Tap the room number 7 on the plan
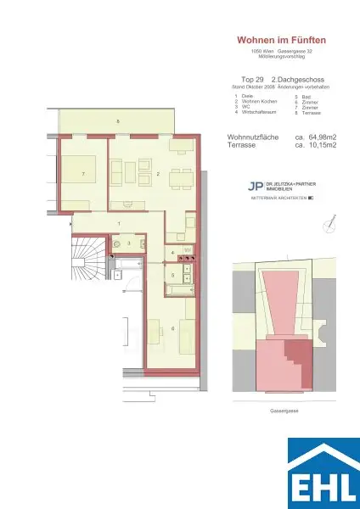82,174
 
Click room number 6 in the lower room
149,328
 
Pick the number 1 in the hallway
119,223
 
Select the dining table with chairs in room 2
177,179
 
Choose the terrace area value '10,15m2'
315,146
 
